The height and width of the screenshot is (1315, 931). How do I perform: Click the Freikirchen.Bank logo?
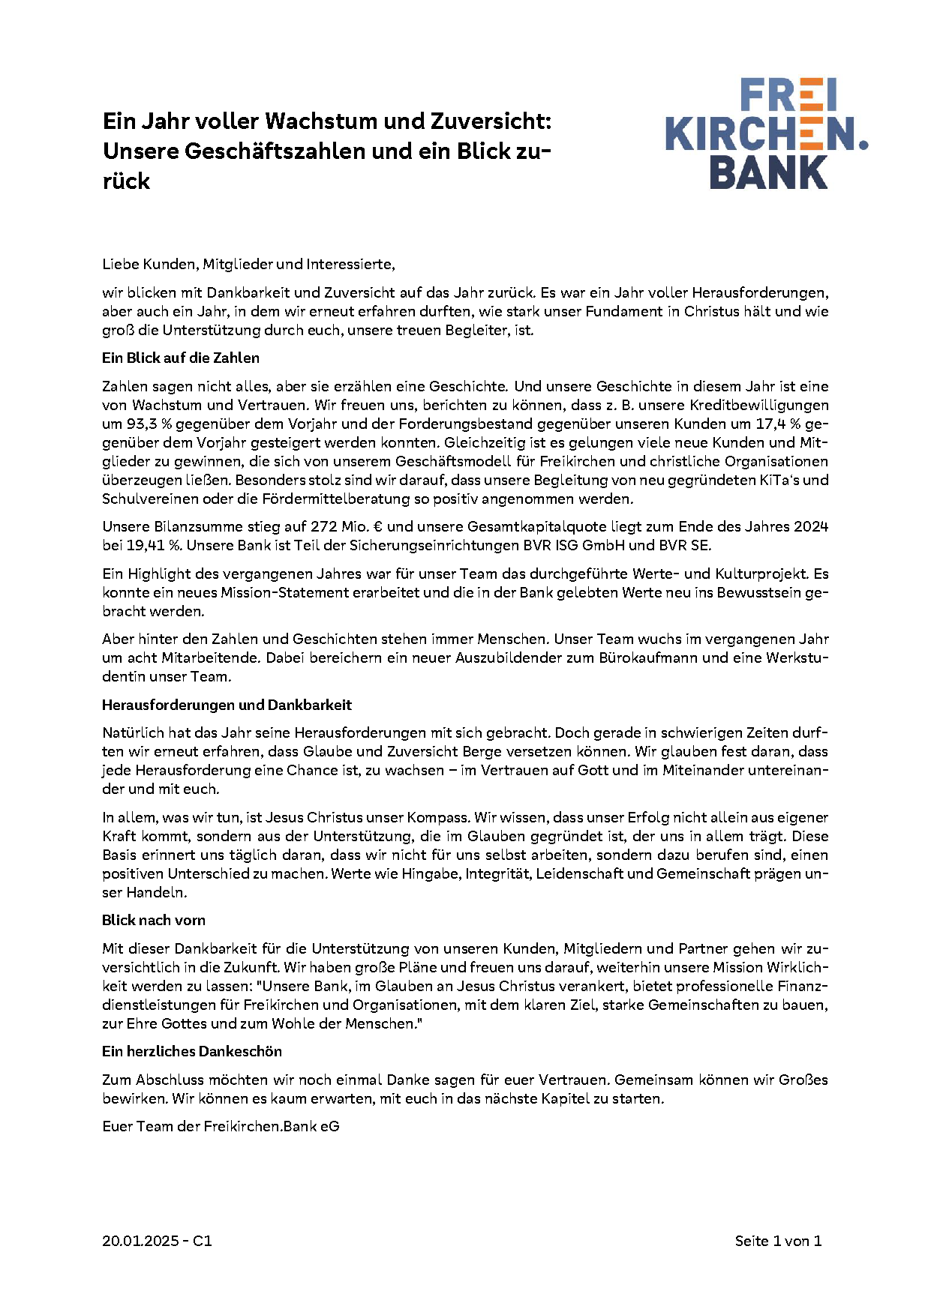(x=765, y=134)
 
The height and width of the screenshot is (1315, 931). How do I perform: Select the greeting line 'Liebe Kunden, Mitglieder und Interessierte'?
(x=248, y=265)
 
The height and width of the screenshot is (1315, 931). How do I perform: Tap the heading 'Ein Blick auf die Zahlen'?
(x=181, y=358)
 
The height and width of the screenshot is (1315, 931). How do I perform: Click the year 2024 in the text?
(x=811, y=527)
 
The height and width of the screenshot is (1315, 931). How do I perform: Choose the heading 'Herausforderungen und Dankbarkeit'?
(x=227, y=705)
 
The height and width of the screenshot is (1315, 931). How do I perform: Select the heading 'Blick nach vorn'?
(x=154, y=921)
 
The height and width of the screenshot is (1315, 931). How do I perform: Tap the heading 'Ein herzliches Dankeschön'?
(x=192, y=1052)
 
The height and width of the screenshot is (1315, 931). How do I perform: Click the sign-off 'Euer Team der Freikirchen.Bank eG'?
(x=221, y=1127)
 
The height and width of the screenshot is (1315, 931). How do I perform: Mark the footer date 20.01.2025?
(x=140, y=1242)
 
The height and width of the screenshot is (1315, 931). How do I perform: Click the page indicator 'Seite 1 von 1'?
(x=778, y=1242)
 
